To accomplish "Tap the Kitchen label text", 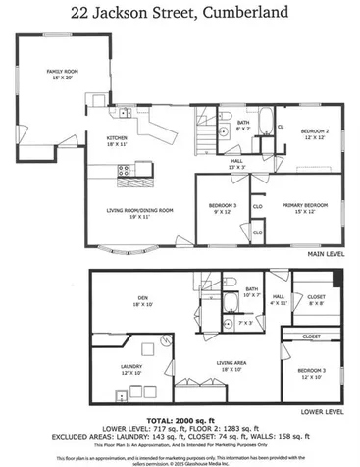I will coord(118,141).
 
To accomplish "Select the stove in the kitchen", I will coord(125,170).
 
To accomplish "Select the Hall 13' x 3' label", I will coord(236,163).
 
